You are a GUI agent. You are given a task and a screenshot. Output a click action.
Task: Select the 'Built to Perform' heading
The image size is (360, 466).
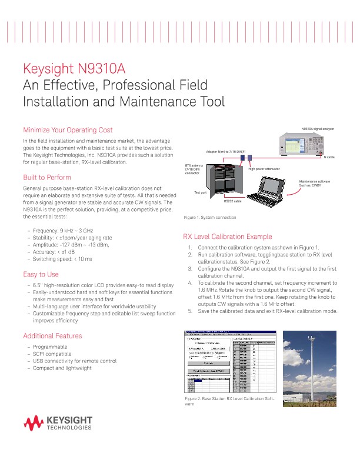pyautogui.click(x=46, y=178)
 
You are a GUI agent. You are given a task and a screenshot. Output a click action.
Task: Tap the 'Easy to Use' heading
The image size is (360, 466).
pyautogui.click(x=40, y=274)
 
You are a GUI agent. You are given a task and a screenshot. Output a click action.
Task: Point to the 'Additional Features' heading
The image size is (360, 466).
pyautogui.click(x=52, y=335)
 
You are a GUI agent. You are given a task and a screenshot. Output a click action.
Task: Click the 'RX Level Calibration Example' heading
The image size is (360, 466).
pyautogui.click(x=228, y=237)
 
